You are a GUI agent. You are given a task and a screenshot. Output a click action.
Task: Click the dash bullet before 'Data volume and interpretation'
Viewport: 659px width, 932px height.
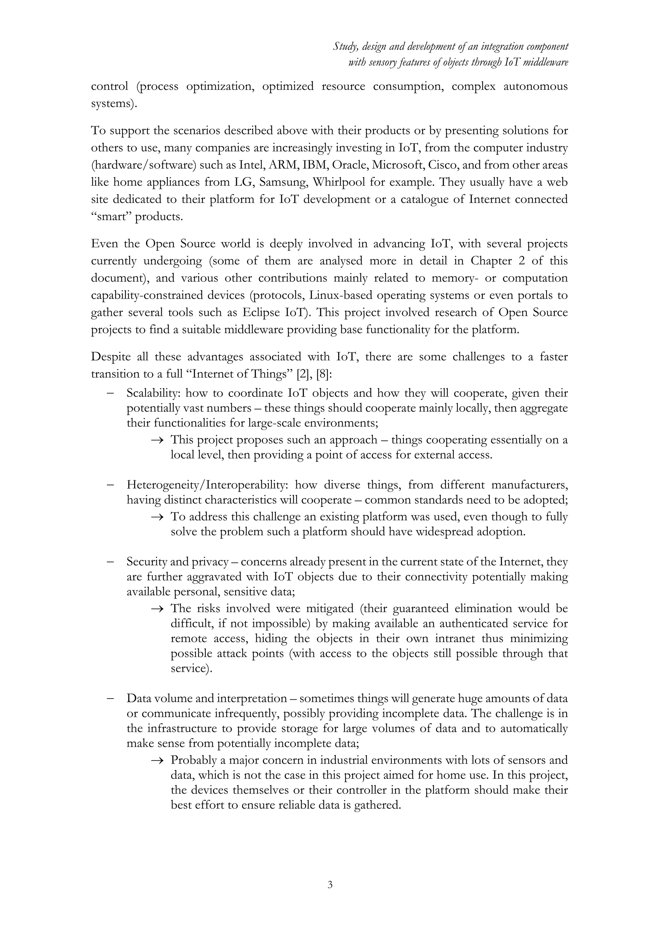click(110, 699)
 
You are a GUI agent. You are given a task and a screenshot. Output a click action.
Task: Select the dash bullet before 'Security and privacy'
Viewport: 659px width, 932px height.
click(110, 562)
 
